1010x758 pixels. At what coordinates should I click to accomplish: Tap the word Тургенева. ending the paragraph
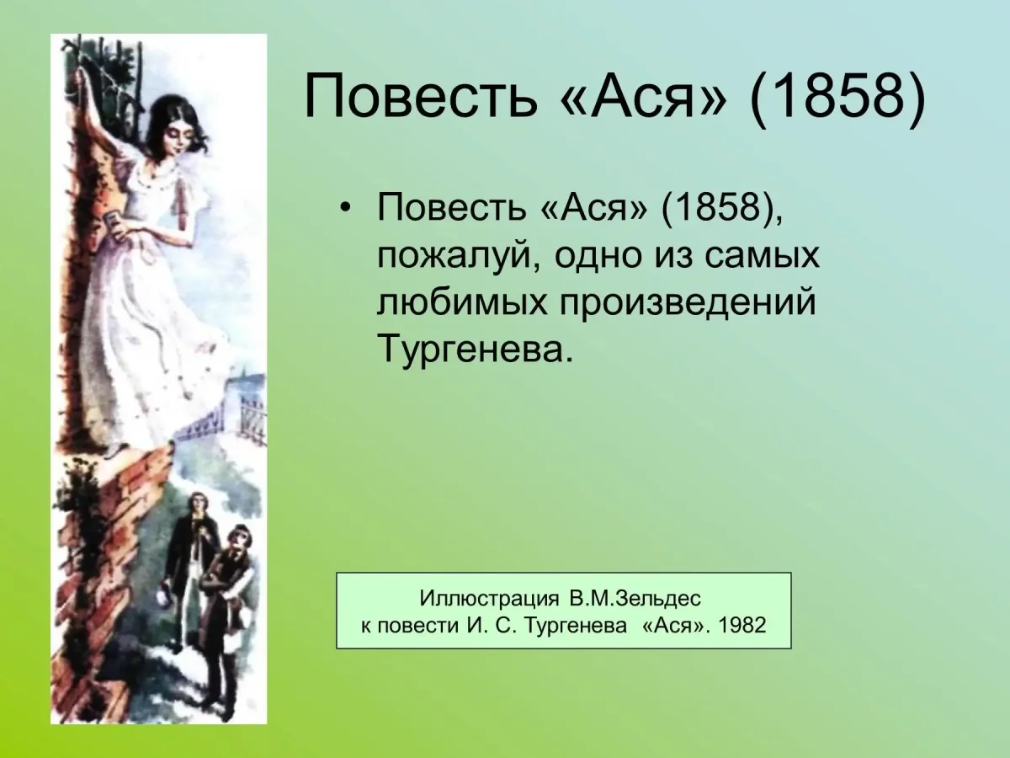click(476, 348)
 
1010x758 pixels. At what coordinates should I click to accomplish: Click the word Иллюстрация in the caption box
click(489, 598)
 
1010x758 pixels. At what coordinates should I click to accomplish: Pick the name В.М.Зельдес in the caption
click(634, 598)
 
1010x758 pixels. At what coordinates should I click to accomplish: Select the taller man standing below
click(193, 564)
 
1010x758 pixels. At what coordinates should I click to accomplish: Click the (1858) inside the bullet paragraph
click(717, 208)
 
